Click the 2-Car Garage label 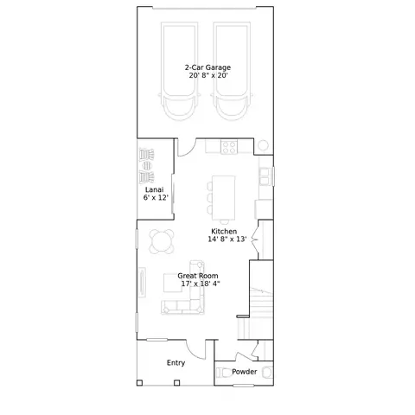coord(207,67)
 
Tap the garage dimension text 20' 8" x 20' coord(208,75)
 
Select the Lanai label coord(154,189)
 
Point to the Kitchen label coord(224,231)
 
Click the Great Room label coord(198,276)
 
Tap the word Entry coord(176,363)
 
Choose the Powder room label coord(245,372)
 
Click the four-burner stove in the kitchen coord(229,147)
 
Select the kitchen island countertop coord(224,198)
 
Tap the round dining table coord(162,241)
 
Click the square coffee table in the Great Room coord(173,283)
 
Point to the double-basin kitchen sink coord(265,176)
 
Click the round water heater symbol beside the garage coord(263,145)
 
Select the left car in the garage coord(179,72)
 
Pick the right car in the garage coord(232,72)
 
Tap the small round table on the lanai coord(147,166)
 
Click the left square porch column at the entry coord(139,383)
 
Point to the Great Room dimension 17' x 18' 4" coord(201,284)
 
